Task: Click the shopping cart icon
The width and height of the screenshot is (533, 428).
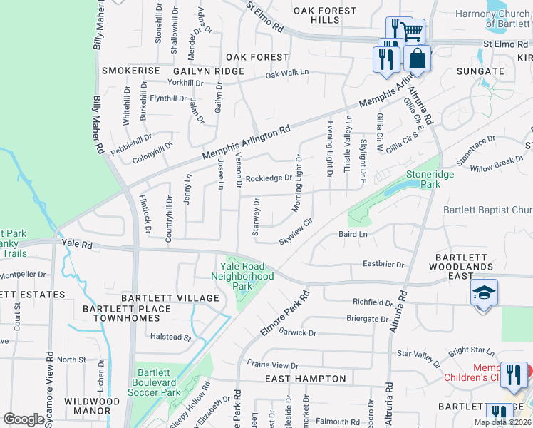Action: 412,31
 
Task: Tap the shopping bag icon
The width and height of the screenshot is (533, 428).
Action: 418,58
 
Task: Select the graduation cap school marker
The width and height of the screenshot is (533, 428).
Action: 483,293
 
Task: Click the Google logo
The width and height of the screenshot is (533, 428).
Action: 23,419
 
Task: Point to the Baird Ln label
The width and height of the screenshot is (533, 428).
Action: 353,234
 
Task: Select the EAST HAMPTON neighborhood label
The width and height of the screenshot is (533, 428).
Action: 306,379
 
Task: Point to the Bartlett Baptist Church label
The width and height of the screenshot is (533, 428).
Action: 487,210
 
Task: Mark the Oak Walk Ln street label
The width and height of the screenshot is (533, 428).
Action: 287,73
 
